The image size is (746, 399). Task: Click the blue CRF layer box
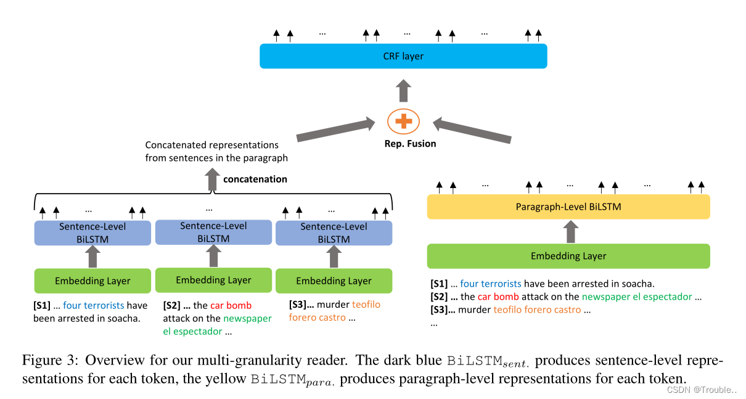click(x=403, y=56)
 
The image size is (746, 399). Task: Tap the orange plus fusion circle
click(x=403, y=121)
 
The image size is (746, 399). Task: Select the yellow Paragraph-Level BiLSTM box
click(x=568, y=207)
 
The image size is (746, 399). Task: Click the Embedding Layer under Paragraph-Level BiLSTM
click(x=568, y=256)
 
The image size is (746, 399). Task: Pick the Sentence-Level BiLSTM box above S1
click(x=92, y=233)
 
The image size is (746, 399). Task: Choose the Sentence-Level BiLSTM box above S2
click(x=213, y=232)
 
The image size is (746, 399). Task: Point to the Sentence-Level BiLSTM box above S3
click(x=334, y=233)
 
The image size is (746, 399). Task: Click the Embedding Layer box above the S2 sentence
click(x=213, y=280)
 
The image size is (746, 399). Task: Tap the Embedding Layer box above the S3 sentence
click(x=334, y=281)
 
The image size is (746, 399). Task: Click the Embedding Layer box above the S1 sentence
click(x=92, y=281)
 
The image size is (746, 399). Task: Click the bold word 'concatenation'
click(x=255, y=179)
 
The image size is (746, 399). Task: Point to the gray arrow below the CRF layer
click(x=403, y=90)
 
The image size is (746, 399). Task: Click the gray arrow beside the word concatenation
click(x=212, y=179)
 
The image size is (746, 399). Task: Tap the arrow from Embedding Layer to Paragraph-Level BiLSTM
click(x=571, y=232)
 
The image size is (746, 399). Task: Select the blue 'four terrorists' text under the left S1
click(x=93, y=305)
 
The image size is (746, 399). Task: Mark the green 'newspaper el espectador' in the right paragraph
click(x=637, y=297)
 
